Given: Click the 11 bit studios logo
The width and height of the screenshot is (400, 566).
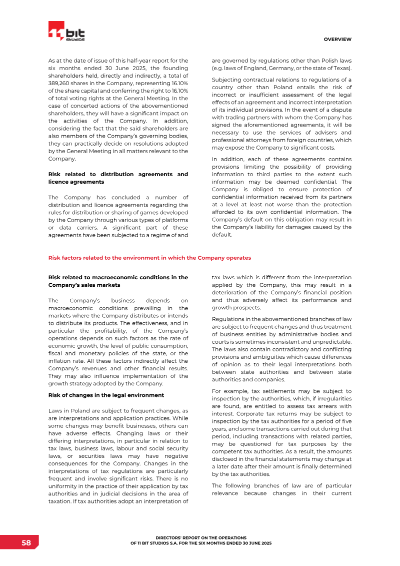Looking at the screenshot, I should (x=66, y=32).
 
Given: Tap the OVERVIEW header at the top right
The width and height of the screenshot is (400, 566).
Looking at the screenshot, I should (x=337, y=39).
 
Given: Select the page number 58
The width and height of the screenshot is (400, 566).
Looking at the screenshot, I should (x=26, y=543).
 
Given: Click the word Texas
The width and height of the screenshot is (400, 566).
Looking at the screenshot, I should (x=341, y=68).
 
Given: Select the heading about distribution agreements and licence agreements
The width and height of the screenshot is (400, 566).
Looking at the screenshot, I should (x=117, y=178).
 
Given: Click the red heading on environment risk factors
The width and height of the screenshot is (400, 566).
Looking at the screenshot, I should (x=149, y=258).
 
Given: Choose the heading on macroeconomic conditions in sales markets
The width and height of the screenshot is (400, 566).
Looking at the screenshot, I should (x=117, y=281).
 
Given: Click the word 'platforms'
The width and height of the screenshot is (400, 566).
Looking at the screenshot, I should (x=174, y=220).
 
